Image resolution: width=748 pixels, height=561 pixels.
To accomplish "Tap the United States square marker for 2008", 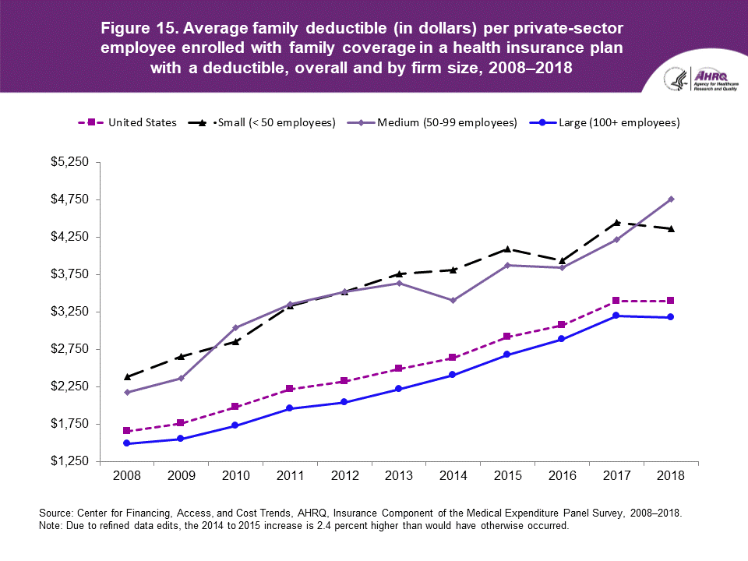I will click(126, 431).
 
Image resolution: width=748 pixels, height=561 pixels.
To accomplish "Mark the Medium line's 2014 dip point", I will click(453, 300).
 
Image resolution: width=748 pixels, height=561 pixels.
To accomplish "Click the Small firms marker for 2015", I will click(507, 249).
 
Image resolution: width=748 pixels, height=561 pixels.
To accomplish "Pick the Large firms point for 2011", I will click(290, 408).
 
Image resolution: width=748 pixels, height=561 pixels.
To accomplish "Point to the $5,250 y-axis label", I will click(72, 162).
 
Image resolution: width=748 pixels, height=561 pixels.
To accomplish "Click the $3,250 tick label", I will click(72, 312).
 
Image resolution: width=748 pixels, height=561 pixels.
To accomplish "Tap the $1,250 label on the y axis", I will click(72, 461).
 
